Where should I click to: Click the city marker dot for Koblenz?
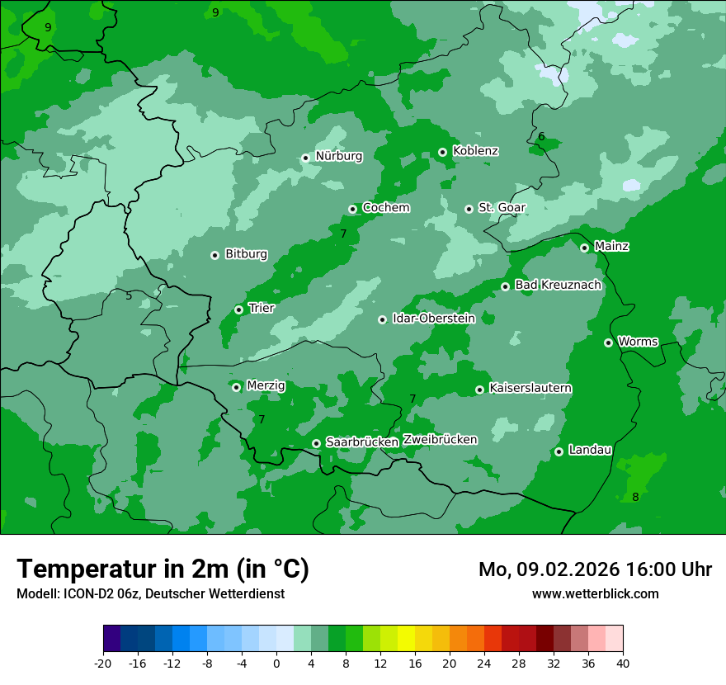pos(443,152)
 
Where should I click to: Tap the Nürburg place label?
pos(339,156)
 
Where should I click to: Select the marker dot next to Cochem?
pos(352,209)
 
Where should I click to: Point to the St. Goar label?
pos(502,208)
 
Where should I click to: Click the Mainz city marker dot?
pos(584,248)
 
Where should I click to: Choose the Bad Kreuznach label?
pos(558,286)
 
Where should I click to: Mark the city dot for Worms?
pos(608,342)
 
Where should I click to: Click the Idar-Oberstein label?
pos(434,319)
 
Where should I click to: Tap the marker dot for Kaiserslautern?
pos(479,390)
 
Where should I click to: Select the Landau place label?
pos(590,451)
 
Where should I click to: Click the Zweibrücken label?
pos(440,440)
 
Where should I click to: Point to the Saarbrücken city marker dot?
pos(316,443)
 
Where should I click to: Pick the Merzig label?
pos(266,386)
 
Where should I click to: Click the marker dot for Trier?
pos(238,309)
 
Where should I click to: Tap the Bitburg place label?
pos(246,254)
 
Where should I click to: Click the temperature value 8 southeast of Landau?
pos(635,497)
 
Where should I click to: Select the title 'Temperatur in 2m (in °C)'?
pos(163,569)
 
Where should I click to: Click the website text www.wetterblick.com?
pos(596,593)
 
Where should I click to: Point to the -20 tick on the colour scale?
pos(103,663)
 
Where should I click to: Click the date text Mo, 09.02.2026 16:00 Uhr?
pos(595,569)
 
